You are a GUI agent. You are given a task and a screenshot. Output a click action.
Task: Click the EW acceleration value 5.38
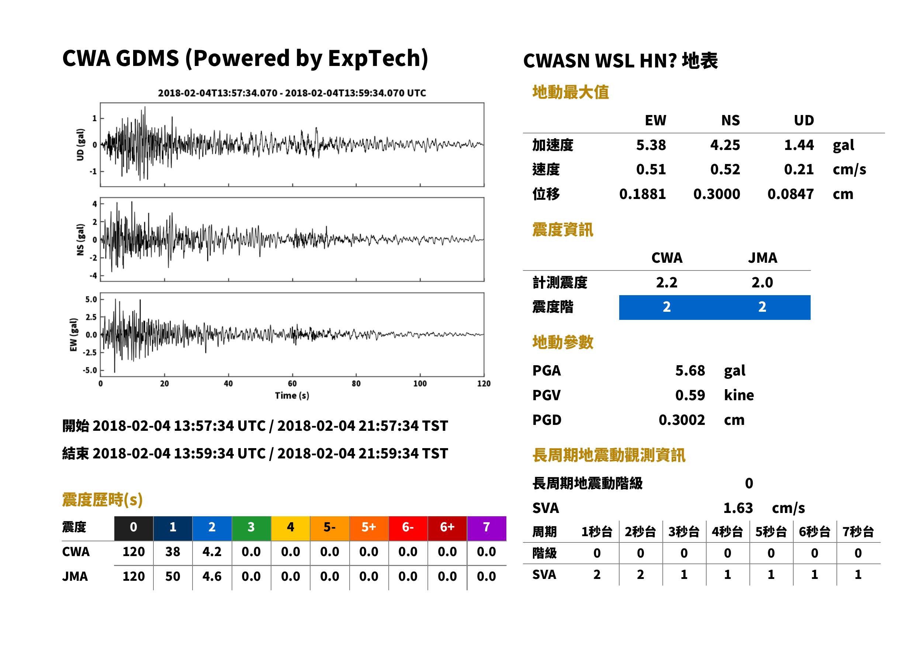point(650,145)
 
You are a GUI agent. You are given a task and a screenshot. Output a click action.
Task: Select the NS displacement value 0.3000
point(716,194)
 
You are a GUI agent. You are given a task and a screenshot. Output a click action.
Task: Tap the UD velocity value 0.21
point(798,170)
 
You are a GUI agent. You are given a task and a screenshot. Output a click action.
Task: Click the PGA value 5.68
point(690,370)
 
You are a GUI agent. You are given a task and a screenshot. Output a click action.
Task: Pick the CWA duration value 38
point(173,552)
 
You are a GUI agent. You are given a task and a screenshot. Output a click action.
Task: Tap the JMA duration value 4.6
point(212,577)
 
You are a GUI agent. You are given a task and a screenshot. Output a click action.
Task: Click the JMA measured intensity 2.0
point(762,283)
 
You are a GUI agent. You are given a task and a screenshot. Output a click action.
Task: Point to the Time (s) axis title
point(292,396)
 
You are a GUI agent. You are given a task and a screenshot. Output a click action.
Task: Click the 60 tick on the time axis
point(292,384)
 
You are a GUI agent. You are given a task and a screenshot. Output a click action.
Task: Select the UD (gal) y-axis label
point(80,145)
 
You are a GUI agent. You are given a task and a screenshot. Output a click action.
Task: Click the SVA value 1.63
point(738,508)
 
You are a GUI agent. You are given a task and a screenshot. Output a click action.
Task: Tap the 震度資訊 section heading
point(562,230)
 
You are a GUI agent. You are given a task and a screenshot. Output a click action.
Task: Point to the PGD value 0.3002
point(682,420)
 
